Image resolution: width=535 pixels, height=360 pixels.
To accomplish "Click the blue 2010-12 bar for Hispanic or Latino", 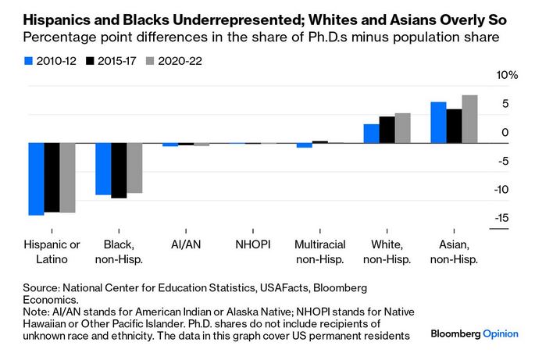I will [x=36, y=179].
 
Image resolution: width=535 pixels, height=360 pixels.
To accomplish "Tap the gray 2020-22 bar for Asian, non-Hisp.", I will [x=469, y=119].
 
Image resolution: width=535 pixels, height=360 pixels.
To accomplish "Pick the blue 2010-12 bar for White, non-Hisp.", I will [x=371, y=134].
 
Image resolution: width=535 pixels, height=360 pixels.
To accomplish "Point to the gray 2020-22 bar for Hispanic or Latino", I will [x=67, y=177].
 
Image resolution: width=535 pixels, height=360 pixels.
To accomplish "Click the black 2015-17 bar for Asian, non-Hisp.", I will [x=454, y=126].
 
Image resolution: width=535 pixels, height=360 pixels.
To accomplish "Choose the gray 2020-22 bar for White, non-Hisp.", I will [x=402, y=128].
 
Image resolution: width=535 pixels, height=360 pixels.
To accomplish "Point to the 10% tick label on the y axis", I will [x=507, y=75].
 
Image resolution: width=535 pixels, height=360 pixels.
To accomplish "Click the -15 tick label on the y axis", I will [x=503, y=218].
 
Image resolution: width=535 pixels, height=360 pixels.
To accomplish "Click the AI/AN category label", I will [x=185, y=244].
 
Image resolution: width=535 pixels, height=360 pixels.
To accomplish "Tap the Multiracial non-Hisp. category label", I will [x=319, y=251].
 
